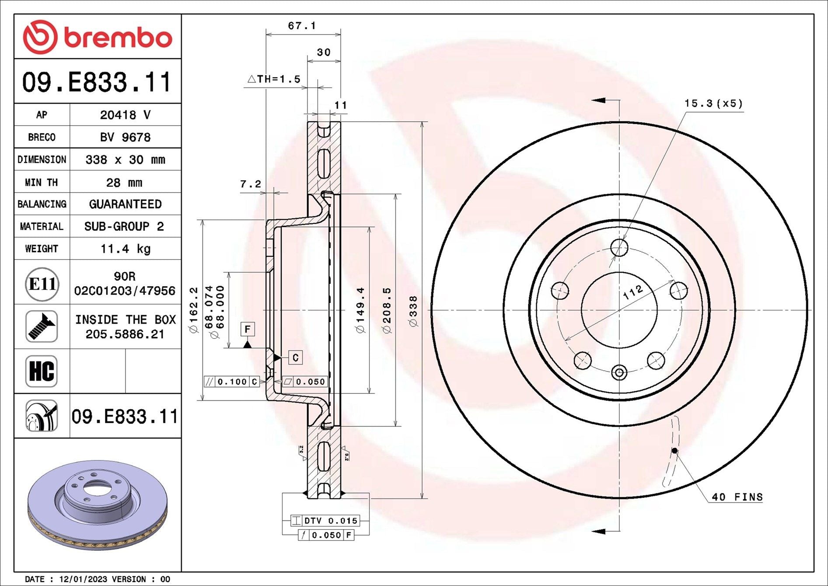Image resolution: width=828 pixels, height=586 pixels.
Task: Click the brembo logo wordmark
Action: (118, 37)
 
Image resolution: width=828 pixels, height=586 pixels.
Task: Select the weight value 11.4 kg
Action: (126, 249)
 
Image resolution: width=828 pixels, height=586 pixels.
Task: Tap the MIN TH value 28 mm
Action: (124, 182)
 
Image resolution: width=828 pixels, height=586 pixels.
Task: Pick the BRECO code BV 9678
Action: (125, 137)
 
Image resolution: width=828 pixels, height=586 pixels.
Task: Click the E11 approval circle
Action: (42, 284)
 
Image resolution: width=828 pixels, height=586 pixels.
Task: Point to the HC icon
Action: (42, 371)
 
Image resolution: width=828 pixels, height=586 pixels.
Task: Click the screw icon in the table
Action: (42, 326)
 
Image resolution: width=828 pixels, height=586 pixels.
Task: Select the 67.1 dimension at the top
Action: (302, 26)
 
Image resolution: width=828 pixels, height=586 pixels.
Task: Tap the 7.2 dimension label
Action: (251, 184)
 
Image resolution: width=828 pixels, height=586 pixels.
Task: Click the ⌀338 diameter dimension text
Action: (413, 311)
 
